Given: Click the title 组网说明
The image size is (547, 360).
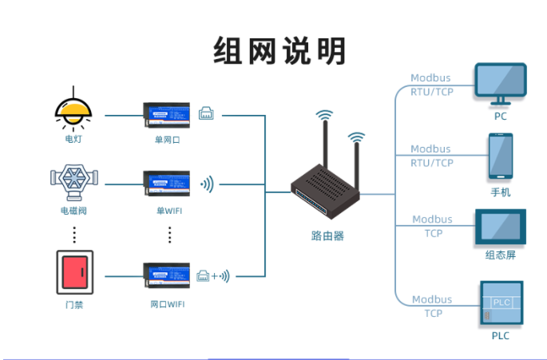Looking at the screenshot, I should pos(279,51).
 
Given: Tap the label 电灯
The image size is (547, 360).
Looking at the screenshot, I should pos(74,139).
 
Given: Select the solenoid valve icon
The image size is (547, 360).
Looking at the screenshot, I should pos(73,181).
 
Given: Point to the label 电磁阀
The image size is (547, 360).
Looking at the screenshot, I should pos(73,211).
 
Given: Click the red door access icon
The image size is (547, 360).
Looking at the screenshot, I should pos(74,272).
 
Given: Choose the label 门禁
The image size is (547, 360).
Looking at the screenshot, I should pos(74,304).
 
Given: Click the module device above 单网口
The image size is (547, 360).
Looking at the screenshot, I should pos(166,115).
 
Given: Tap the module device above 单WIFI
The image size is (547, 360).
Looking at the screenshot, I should pos(166,184).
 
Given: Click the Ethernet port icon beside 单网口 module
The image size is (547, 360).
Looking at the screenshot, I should pos(206,113).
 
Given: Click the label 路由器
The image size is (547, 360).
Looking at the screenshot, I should pos(327,235).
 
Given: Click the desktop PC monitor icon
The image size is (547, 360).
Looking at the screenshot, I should pos(501,83).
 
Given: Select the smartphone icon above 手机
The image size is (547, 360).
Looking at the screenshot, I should pos(501,156).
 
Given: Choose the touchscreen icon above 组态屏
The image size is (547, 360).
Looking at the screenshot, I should pos(501,227).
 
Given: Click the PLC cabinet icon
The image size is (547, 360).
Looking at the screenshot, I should pos(501,303).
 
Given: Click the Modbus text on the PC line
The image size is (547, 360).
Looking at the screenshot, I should pos(430,78).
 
